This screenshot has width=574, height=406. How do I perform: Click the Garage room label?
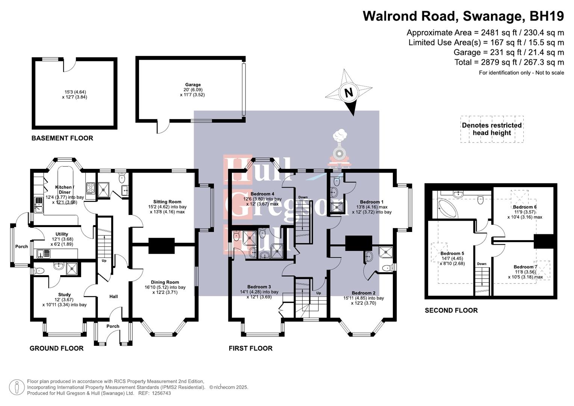coord(192,85)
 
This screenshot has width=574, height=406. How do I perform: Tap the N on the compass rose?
coord(349,92)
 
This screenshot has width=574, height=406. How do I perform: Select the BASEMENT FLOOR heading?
coord(62,138)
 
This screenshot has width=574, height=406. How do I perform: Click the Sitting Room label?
coord(167,202)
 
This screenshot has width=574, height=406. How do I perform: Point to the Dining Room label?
coord(165,282)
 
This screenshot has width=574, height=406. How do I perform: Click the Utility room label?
coord(62,234)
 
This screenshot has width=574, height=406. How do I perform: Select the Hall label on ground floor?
coord(114,297)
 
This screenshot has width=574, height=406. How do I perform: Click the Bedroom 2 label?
coord(363,293)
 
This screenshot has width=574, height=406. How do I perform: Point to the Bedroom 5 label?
coord(452,253)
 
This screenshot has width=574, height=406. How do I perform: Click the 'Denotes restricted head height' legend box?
coord(492,129)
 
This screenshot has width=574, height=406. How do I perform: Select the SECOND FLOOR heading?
coord(451,311)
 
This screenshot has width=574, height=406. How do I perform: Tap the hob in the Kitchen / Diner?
coord(91,188)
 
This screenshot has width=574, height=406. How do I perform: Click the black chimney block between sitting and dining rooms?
coord(161,245)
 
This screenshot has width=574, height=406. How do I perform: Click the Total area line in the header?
coord(509,62)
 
